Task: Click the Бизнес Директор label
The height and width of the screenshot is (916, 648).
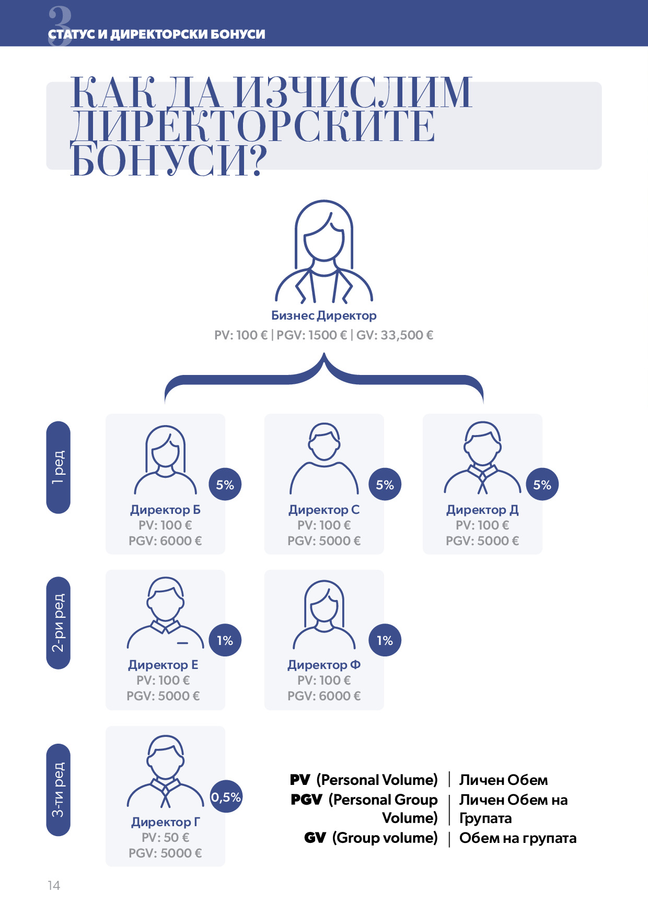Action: coord(323,315)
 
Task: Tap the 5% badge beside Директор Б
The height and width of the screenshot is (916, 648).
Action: coord(225,485)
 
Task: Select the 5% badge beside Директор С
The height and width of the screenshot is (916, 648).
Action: coord(385,485)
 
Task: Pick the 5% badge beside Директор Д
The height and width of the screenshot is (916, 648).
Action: coord(542,485)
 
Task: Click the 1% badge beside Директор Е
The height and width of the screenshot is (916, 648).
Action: coord(225,640)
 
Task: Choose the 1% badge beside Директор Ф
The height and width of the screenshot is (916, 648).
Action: coord(385,640)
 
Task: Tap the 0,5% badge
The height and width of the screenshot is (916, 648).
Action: coord(226,797)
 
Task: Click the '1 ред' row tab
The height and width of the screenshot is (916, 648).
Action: coord(59,467)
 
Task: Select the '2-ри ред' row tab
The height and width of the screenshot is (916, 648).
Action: coord(59,623)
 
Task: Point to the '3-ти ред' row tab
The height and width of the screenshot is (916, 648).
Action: coord(59,790)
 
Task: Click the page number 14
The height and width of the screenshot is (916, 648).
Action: coord(54,886)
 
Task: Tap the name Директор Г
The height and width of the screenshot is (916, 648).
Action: coord(165,822)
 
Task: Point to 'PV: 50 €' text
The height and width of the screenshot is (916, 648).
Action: coord(165,838)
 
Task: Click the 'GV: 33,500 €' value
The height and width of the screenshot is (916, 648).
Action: coord(395,335)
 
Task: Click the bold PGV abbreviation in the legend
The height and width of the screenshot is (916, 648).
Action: coord(306,800)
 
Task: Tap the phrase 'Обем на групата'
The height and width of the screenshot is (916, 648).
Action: coord(518,838)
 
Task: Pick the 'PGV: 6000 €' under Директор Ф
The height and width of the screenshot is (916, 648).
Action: coord(324,696)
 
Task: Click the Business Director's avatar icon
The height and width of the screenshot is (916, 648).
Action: coord(324,252)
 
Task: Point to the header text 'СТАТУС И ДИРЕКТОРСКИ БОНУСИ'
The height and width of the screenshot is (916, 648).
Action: coord(157,34)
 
